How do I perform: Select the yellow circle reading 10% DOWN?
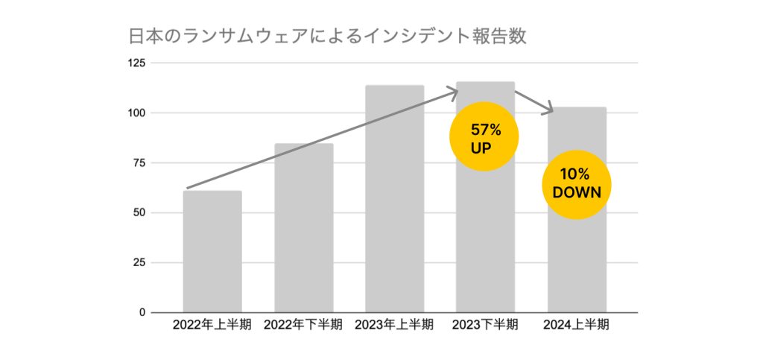(576, 184)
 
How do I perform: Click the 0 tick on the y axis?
(142, 312)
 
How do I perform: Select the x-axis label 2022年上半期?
(212, 325)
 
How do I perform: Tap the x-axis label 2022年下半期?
(304, 325)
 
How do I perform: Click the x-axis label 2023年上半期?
(395, 325)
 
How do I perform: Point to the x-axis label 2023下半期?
(486, 325)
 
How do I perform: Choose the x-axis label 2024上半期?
(577, 325)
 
